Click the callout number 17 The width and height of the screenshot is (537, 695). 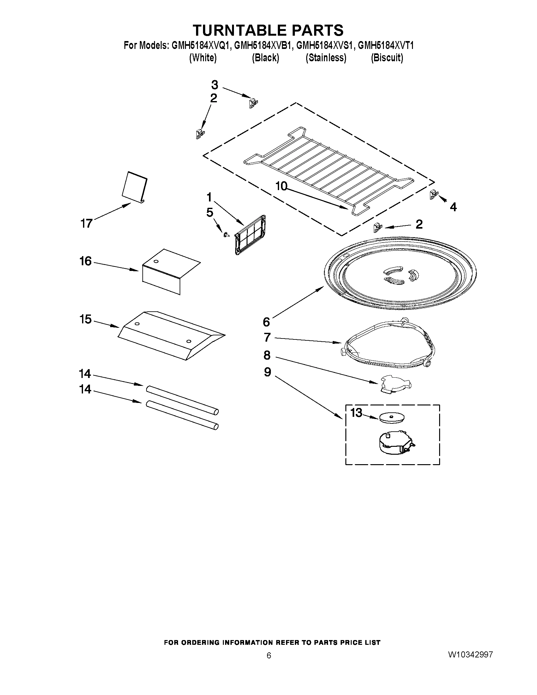(x=86, y=224)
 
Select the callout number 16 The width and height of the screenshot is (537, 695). (x=85, y=261)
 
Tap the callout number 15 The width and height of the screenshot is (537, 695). (x=85, y=319)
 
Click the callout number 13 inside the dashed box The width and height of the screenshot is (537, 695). (x=356, y=413)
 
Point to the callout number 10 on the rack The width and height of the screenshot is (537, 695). (x=281, y=186)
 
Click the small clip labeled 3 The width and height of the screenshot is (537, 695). (x=253, y=104)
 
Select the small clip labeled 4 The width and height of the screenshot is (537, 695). (x=433, y=194)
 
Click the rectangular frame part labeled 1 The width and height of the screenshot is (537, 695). (x=250, y=235)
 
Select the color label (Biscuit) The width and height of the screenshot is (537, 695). (x=387, y=58)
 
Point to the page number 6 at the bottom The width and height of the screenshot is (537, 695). (x=269, y=656)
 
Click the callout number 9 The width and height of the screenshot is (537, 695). (x=267, y=372)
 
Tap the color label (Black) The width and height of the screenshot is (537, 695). (x=265, y=58)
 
